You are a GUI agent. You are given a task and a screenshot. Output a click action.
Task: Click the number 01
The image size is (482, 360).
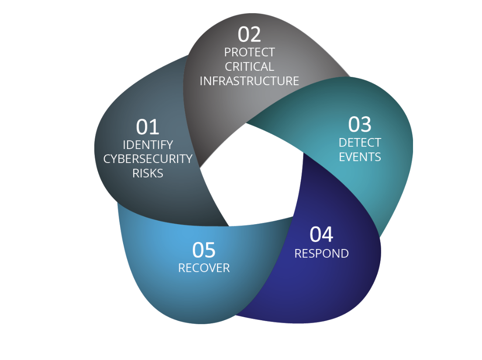(148, 127)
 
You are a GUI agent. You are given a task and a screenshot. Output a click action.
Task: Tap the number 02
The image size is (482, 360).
(249, 35)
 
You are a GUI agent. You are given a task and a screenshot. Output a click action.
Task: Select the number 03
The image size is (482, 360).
(360, 125)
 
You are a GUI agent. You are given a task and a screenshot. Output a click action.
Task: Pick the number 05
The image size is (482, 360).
(204, 250)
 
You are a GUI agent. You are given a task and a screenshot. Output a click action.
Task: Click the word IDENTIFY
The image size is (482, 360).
(148, 145)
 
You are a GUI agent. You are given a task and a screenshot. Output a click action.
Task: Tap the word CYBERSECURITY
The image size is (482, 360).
(148, 159)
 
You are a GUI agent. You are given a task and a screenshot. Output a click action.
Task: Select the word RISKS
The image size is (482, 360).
(148, 173)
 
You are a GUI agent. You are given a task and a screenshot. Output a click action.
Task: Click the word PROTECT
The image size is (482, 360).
(249, 52)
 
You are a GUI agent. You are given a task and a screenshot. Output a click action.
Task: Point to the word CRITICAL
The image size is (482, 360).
(249, 67)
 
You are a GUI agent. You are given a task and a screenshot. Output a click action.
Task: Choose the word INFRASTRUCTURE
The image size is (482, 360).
(249, 81)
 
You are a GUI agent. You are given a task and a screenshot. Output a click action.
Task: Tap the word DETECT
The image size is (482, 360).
(360, 142)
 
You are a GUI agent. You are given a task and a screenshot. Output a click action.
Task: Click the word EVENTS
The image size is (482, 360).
(360, 157)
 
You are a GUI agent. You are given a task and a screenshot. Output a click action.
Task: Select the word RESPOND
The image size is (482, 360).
(321, 253)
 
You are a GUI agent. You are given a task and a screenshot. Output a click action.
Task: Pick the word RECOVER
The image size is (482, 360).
(204, 268)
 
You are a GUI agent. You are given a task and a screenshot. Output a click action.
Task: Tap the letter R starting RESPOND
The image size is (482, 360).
(298, 253)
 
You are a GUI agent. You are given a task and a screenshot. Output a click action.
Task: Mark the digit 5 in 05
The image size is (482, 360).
(210, 250)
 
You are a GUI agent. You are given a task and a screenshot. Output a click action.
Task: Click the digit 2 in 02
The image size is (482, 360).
(255, 35)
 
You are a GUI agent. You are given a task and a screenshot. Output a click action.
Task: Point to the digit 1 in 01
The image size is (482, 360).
(154, 127)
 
